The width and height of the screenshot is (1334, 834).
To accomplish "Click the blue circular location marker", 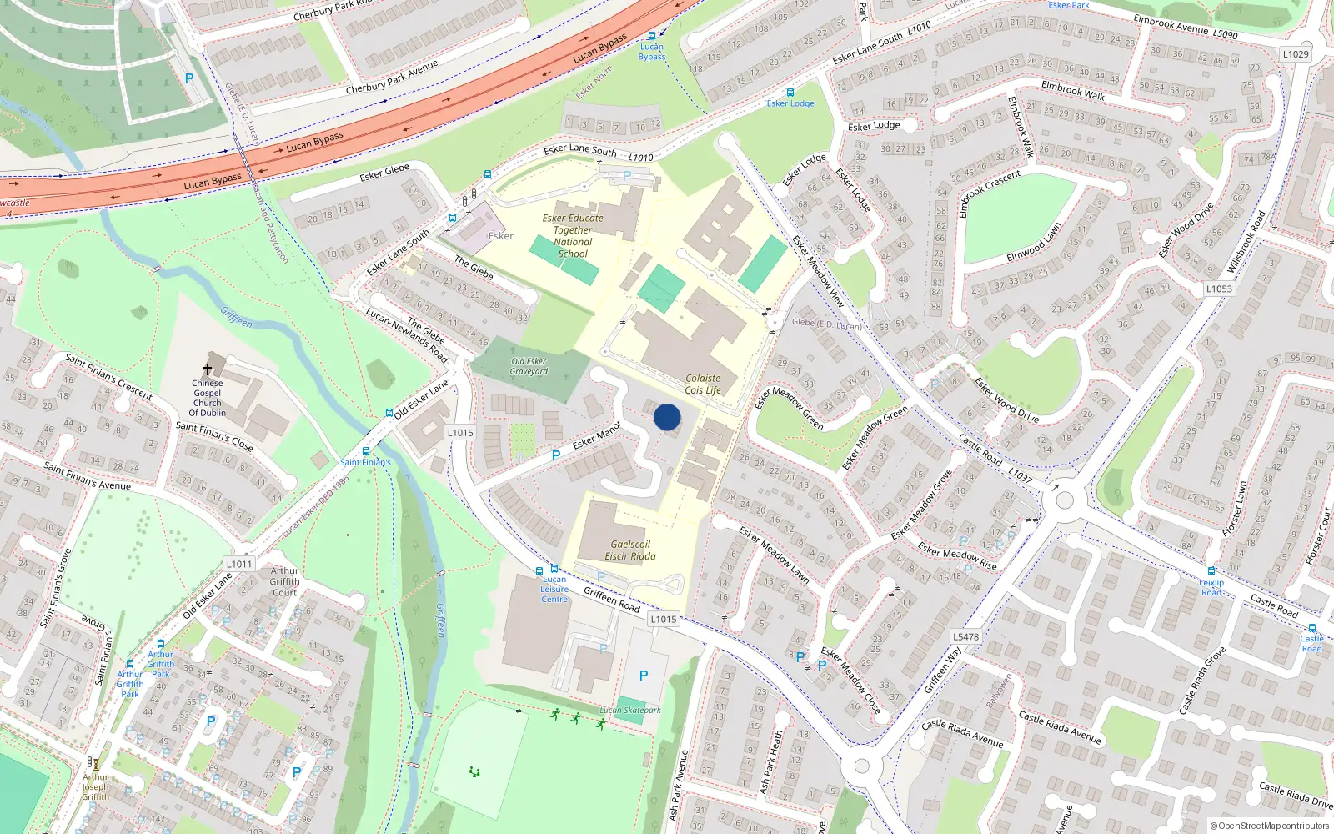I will [x=667, y=417].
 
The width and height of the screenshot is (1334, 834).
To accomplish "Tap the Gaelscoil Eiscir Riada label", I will [x=630, y=550].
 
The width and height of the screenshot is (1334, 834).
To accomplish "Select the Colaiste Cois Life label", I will [x=703, y=384].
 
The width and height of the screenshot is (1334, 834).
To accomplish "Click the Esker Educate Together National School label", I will [x=573, y=236].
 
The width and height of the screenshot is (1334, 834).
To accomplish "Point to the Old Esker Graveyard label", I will [x=529, y=367].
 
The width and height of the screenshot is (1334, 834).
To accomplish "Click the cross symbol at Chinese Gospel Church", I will [x=208, y=369].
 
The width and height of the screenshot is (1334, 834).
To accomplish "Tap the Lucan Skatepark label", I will [x=630, y=711].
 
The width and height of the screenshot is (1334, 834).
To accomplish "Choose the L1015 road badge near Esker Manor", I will [x=460, y=432].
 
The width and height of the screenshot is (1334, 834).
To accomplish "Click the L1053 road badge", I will [x=1219, y=289].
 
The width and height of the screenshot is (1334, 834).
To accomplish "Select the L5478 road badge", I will [x=965, y=636].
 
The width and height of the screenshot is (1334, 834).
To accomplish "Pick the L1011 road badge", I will [x=239, y=564].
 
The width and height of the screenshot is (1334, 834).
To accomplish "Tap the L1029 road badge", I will [x=1296, y=54].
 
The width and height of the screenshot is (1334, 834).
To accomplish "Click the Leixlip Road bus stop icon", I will [x=1211, y=571].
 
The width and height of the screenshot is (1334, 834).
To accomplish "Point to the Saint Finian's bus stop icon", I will [x=366, y=451].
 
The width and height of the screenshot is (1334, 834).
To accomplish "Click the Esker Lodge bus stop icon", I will [x=790, y=93].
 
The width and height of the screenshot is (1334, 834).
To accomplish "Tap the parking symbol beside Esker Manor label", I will [x=556, y=455].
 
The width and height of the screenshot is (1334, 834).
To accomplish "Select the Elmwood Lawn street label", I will [x=1034, y=241].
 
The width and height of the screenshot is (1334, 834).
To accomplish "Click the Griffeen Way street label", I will [x=942, y=670].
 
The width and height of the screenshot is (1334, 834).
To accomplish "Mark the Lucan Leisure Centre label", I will [x=554, y=589].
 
